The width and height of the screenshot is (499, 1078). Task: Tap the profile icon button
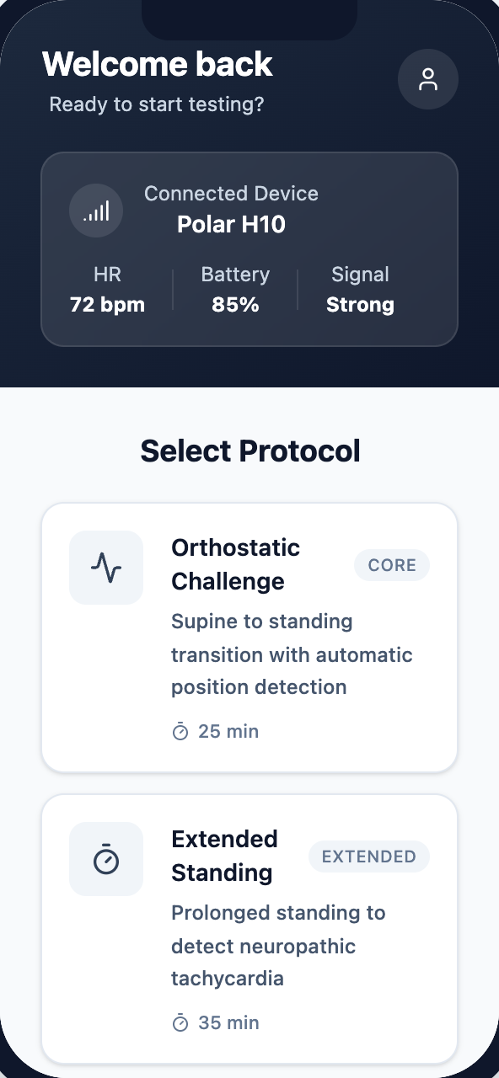coord(428,79)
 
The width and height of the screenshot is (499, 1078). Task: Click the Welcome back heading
coord(158,64)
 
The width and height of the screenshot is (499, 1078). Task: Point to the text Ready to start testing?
coord(157,104)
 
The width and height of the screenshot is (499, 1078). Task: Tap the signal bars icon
coord(96,211)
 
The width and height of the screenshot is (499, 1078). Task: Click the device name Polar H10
coord(231,225)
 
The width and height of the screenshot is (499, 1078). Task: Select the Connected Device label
coord(231,194)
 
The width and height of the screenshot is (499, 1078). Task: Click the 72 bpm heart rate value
coord(107,305)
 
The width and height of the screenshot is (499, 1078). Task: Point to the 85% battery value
coord(235,305)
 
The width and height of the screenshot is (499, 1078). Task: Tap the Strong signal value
coord(360,305)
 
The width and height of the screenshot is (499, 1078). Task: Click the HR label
coord(107,275)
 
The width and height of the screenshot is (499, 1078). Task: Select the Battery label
coord(235,275)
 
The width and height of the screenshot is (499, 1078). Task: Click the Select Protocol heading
coord(249,451)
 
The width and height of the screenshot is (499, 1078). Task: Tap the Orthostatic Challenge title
coord(235,564)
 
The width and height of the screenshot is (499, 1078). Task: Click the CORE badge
coord(392,565)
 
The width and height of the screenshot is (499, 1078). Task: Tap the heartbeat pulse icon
coord(106,568)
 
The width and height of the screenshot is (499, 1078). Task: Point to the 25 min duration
coord(216,732)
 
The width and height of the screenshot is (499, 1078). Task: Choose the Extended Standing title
coord(224,856)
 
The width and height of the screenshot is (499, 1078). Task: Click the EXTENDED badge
coord(369,857)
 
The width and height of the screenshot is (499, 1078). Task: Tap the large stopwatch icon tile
coord(106,859)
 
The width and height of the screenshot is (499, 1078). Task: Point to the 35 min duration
coord(216,1023)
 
